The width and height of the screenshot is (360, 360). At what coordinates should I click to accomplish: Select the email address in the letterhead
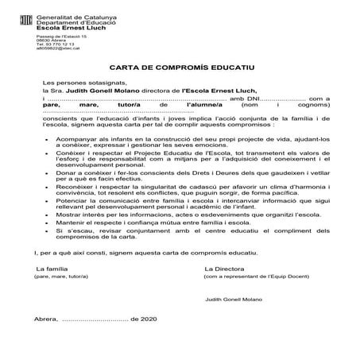click(x=56, y=48)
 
